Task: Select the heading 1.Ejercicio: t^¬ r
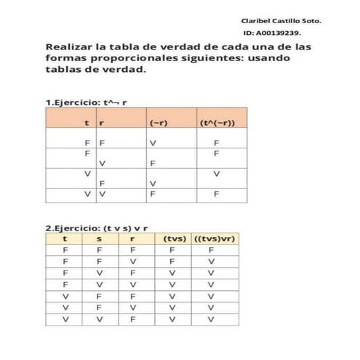click(x=87, y=103)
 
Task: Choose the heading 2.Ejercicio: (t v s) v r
click(x=97, y=228)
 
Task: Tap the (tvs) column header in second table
click(x=175, y=239)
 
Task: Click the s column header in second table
click(x=99, y=239)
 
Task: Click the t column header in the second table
click(x=65, y=239)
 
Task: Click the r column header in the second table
click(x=132, y=239)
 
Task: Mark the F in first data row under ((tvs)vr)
click(x=212, y=250)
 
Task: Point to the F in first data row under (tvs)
click(x=173, y=250)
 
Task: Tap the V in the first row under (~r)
click(x=153, y=143)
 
